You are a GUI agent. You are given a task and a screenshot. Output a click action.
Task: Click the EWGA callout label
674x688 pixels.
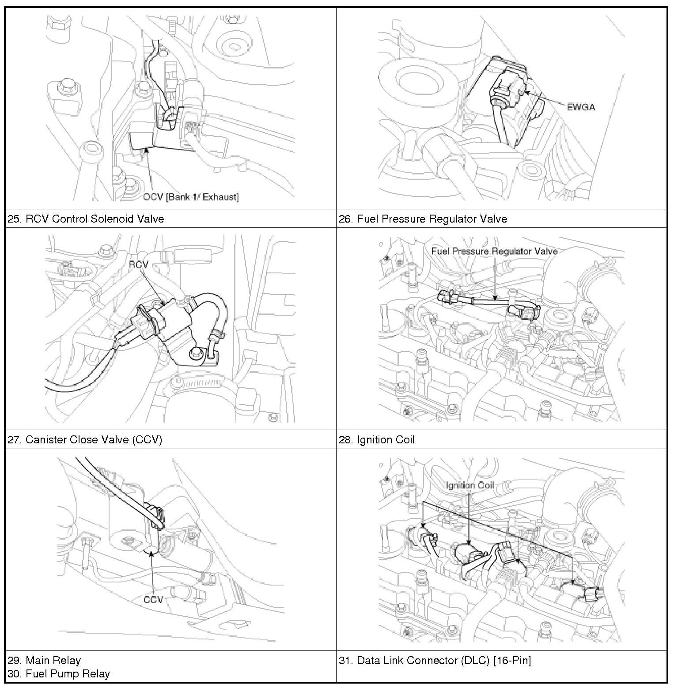coord(580,106)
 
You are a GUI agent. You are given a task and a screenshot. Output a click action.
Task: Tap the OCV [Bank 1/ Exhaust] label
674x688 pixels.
coord(190,197)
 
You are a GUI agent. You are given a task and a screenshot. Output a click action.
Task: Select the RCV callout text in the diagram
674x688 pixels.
coord(138,264)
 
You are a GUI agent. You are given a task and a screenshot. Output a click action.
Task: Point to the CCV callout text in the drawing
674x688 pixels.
coord(153,599)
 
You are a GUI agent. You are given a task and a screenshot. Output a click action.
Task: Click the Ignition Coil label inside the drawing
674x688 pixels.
coord(470,486)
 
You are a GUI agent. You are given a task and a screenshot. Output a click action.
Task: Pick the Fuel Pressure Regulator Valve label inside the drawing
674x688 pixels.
coord(494,251)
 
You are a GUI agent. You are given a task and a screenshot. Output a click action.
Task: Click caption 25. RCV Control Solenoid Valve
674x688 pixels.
coord(86,219)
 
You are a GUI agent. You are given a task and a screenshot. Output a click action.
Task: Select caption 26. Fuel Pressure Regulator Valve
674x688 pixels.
coord(423,219)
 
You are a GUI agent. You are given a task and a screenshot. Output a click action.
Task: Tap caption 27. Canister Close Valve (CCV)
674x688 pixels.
coord(85,439)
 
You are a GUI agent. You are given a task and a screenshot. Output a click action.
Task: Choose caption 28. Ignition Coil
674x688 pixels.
coord(376,439)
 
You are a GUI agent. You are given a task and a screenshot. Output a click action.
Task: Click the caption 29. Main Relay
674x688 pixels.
coord(44,660)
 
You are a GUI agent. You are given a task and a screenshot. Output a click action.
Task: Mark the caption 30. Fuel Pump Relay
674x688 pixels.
coord(59,674)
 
